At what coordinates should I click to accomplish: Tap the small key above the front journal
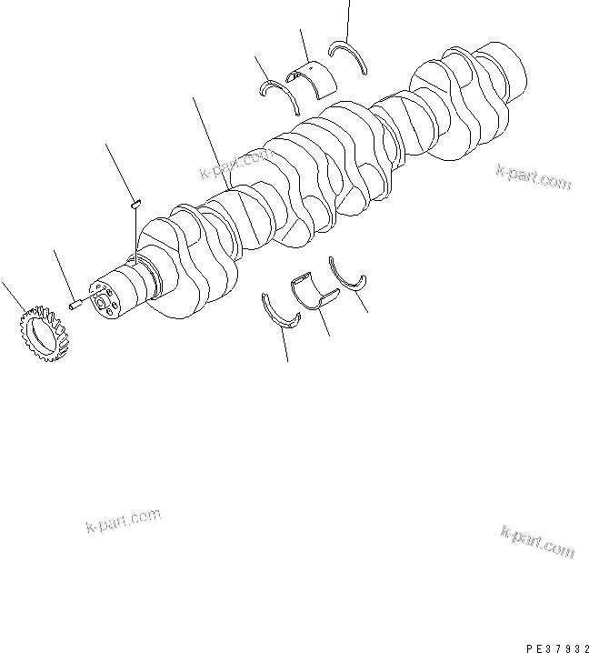coord(135,205)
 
